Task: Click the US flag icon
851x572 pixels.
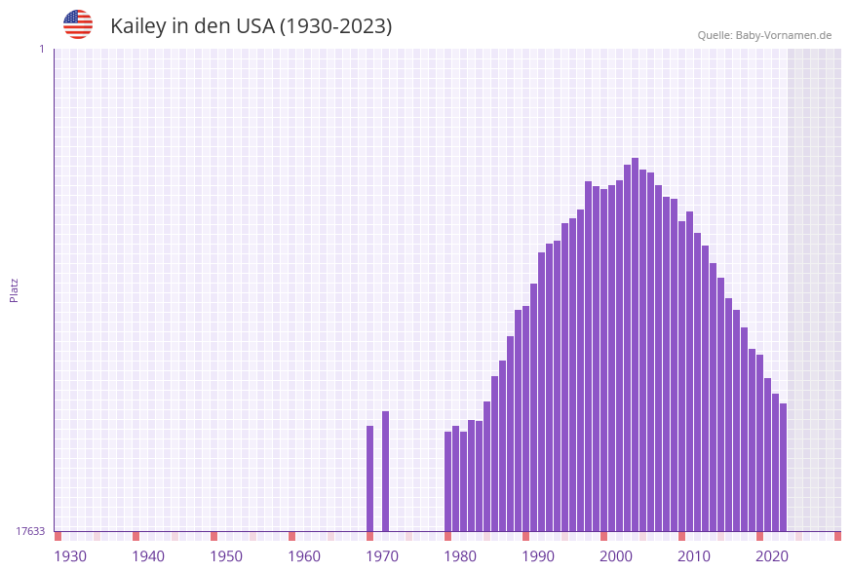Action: point(78,24)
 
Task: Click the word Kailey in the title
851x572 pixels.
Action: point(137,26)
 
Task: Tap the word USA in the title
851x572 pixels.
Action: point(255,26)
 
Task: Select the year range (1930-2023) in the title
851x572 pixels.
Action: point(336,26)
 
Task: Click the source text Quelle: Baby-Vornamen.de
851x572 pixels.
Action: point(764,35)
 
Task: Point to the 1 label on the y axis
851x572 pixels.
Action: point(41,49)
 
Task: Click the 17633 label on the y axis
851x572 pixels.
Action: point(30,531)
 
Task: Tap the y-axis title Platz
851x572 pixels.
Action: point(14,290)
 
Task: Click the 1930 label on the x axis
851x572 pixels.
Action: point(70,556)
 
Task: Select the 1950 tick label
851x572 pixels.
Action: point(226,556)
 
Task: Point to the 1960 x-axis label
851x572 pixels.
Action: point(304,556)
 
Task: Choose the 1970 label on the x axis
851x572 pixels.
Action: point(382,556)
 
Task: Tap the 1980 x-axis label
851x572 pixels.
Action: point(460,556)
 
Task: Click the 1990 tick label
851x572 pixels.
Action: point(538,556)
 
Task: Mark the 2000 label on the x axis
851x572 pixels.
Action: point(616,556)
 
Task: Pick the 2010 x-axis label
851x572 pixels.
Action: point(694,556)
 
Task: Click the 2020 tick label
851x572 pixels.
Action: point(772,556)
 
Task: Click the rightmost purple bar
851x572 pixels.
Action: point(783,467)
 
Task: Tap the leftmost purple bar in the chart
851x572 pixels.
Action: point(370,478)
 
